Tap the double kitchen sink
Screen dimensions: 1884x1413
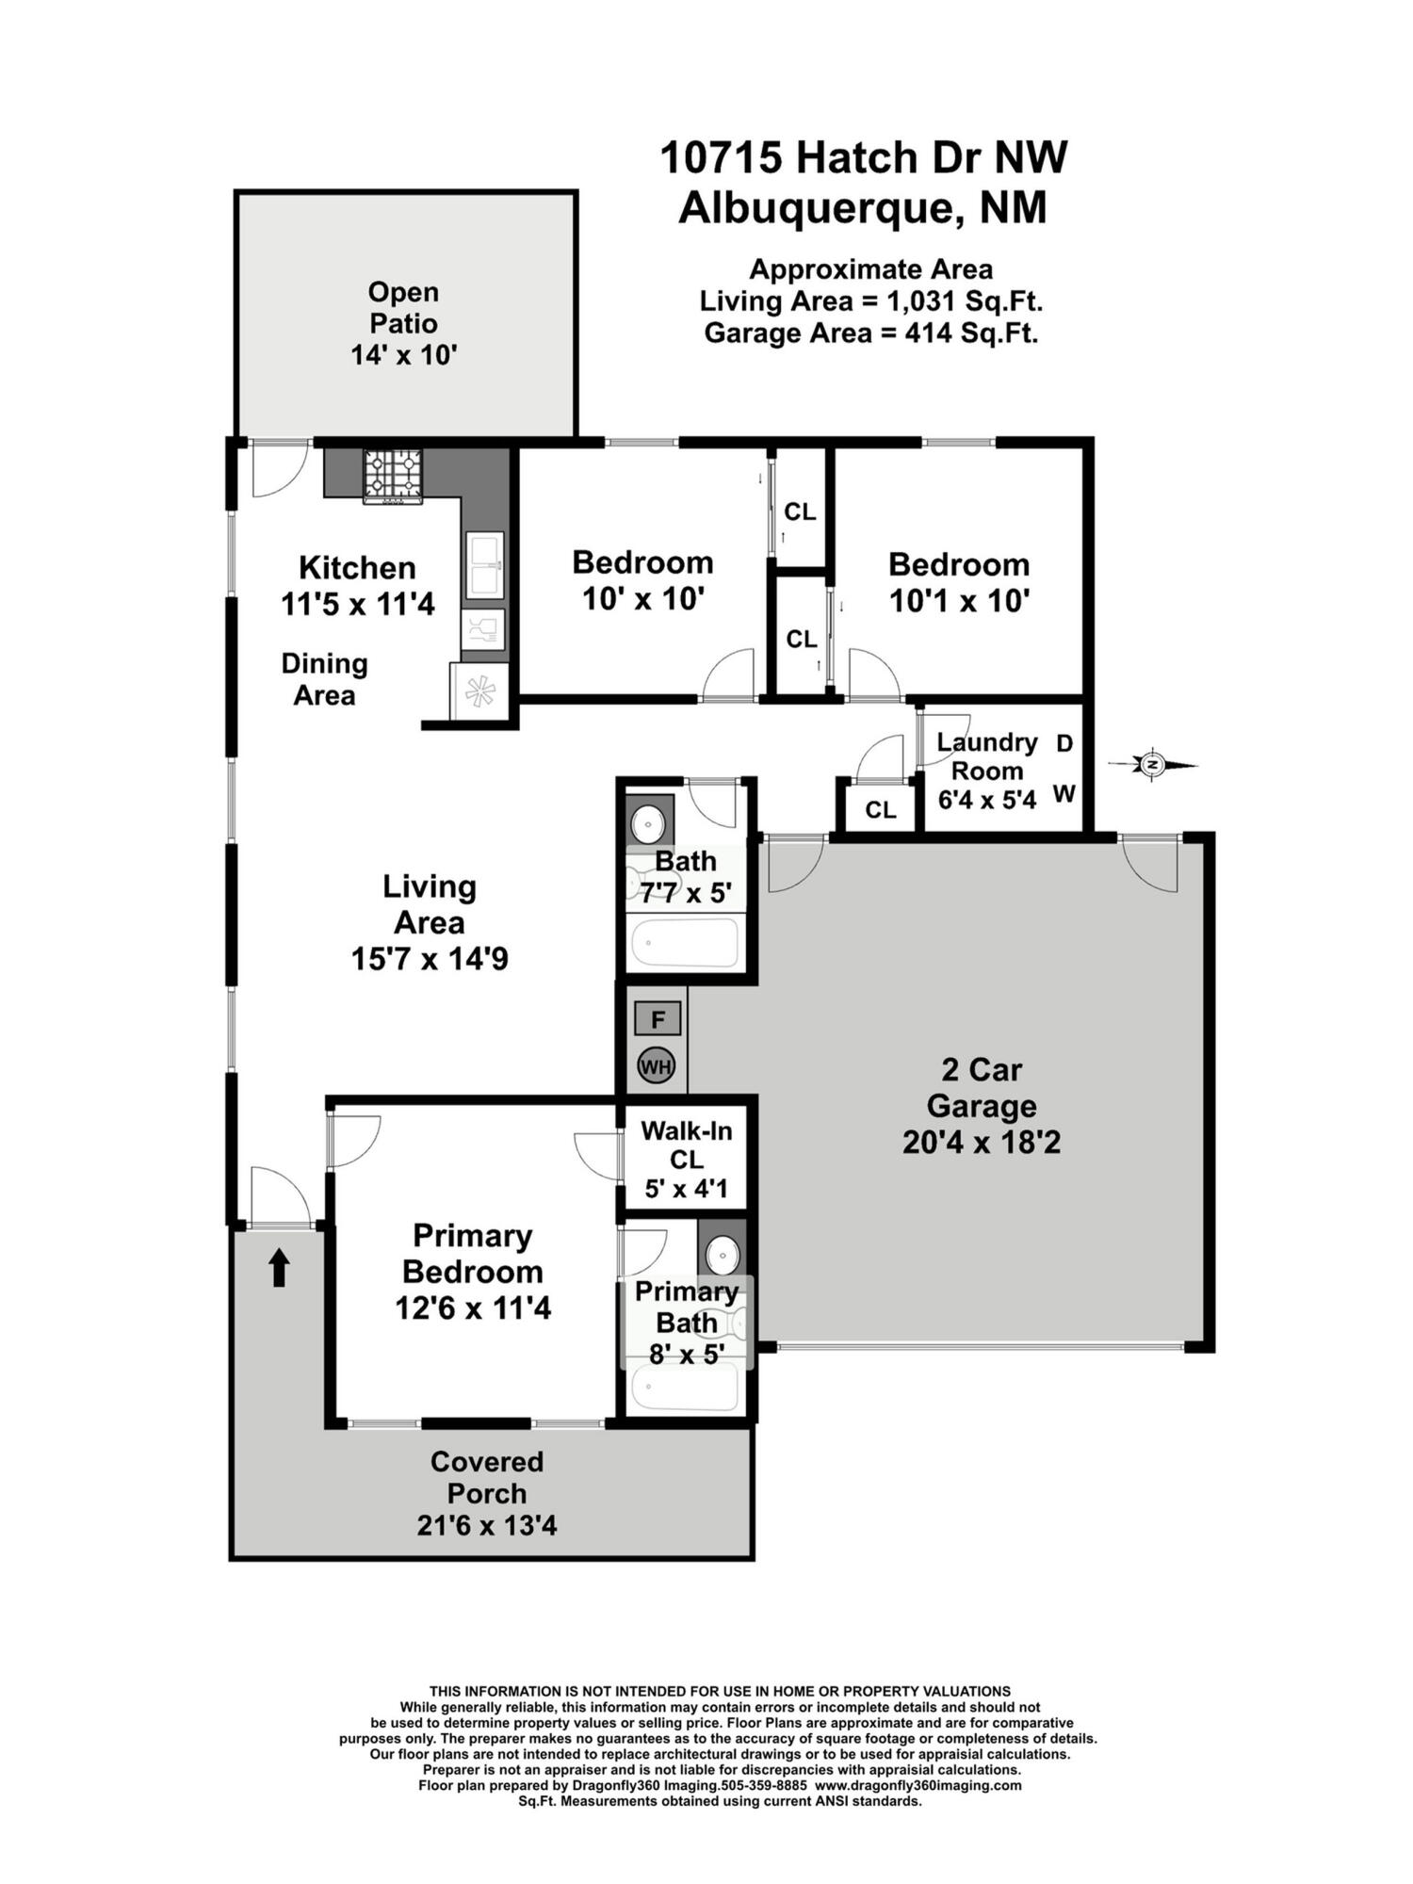pos(485,564)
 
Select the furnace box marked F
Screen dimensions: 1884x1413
pos(658,1019)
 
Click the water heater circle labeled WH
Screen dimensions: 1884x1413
pos(657,1067)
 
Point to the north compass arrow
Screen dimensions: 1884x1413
pos(1153,765)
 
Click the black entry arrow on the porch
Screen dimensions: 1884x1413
pos(279,1268)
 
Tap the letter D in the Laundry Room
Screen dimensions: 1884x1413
pos(1064,743)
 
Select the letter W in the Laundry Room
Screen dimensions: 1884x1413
pos(1064,794)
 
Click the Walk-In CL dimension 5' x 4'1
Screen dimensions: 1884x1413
pos(686,1189)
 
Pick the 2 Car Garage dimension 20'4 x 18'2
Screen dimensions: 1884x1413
pos(981,1143)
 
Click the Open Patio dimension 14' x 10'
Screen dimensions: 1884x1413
pos(403,355)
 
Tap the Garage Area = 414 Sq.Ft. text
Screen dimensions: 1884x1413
pos(870,333)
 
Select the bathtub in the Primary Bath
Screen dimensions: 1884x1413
pos(685,1387)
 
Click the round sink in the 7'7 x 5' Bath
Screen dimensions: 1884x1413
pos(648,823)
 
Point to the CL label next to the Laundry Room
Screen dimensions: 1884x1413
pos(880,810)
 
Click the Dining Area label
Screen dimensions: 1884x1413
pos(324,679)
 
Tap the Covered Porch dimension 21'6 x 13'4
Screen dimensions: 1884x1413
pos(487,1524)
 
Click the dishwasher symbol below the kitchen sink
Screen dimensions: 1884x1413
pos(483,629)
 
